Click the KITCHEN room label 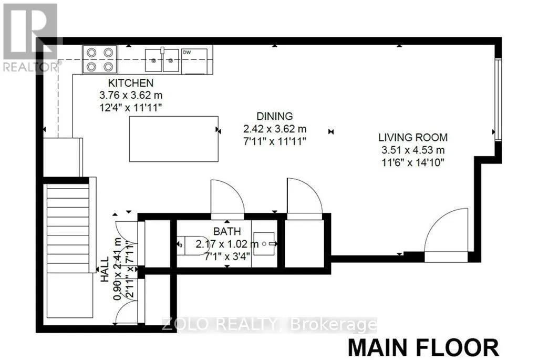click(131, 83)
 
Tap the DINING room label click(274, 116)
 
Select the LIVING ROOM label click(413, 137)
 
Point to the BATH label click(227, 231)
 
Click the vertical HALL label click(105, 269)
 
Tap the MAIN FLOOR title click(423, 347)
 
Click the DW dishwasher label click(187, 53)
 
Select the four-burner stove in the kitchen click(100, 59)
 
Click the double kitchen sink click(162, 60)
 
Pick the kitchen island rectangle click(173, 139)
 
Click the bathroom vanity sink click(264, 244)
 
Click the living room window click(498, 99)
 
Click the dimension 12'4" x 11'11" click(130, 107)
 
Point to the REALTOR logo click(30, 38)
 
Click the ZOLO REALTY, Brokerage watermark click(270, 324)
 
